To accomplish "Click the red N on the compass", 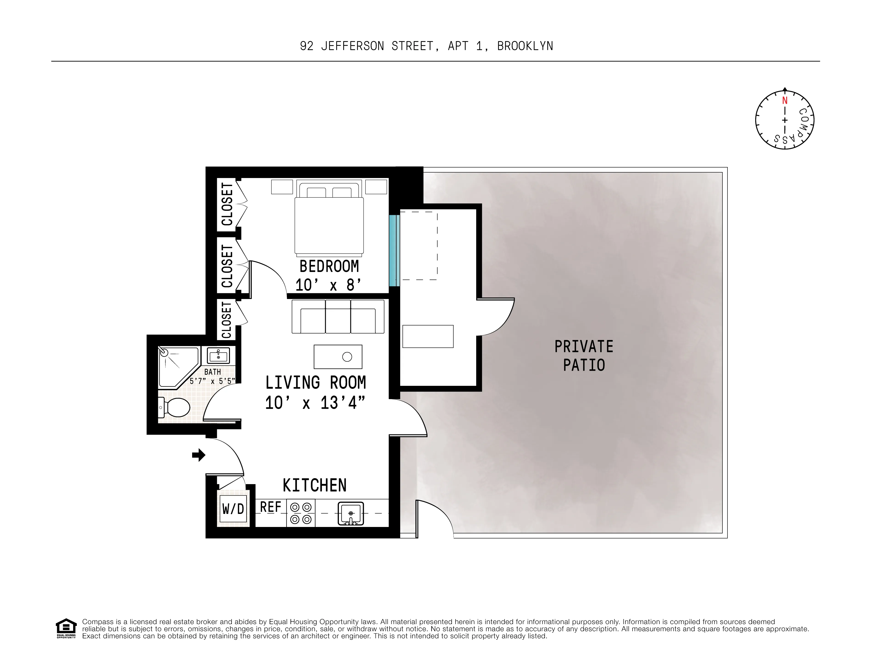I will tap(785, 100).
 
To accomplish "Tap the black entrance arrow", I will tap(199, 455).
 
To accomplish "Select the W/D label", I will tap(233, 509).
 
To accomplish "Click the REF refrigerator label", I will tap(270, 507).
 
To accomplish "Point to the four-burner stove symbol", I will tap(301, 513).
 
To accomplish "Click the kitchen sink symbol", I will tap(351, 513).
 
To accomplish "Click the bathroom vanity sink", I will tap(218, 355).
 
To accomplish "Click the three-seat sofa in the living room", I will tap(338, 317).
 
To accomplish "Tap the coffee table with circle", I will tap(338, 357).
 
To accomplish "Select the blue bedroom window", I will tap(394, 250).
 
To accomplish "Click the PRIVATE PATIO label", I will tap(584, 356).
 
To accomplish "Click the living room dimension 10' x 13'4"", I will tap(315, 403).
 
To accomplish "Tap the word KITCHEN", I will tap(314, 485).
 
